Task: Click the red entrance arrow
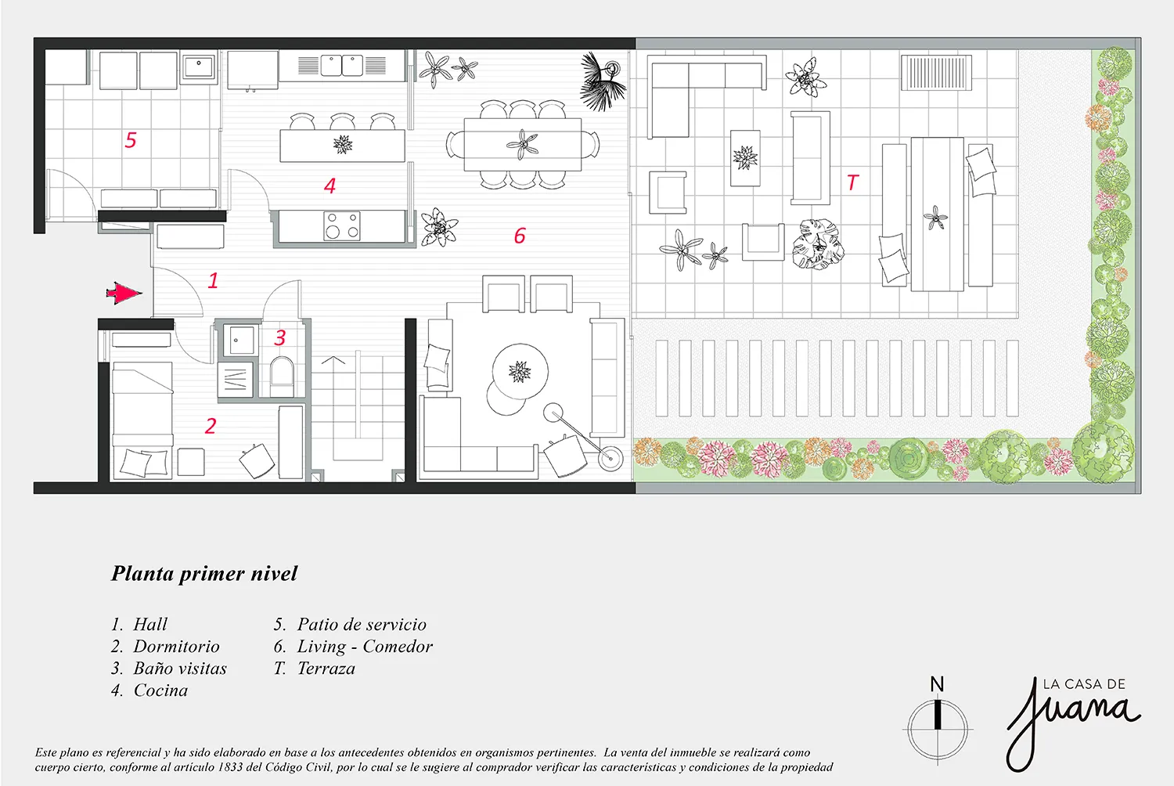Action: coord(124,294)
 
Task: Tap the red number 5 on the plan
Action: coord(131,140)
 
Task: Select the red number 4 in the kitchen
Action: coord(330,186)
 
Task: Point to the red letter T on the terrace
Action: coord(852,182)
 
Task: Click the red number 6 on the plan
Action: coord(520,236)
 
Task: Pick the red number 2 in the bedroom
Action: coord(210,426)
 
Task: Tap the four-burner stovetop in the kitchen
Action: coord(342,225)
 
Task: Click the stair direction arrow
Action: coord(333,362)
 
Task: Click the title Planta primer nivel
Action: coord(204,574)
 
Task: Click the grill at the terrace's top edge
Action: coord(935,74)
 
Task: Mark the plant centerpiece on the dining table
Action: coord(522,143)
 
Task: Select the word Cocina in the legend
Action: coord(160,690)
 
